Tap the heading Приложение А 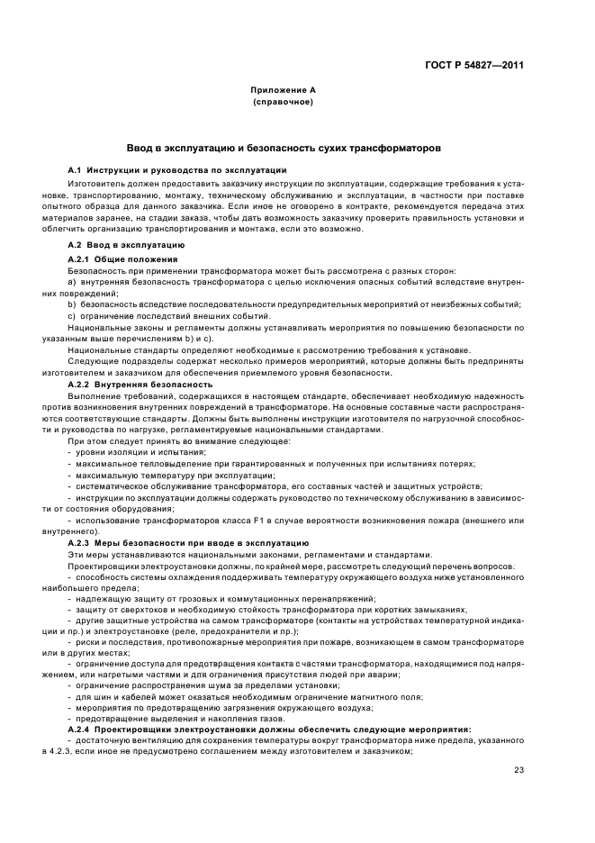click(283, 92)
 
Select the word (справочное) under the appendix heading click(283, 103)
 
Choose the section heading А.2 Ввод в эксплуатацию click(127, 245)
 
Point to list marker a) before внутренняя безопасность click(72, 282)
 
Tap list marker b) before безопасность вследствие click(72, 304)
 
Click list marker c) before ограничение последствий click(72, 315)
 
